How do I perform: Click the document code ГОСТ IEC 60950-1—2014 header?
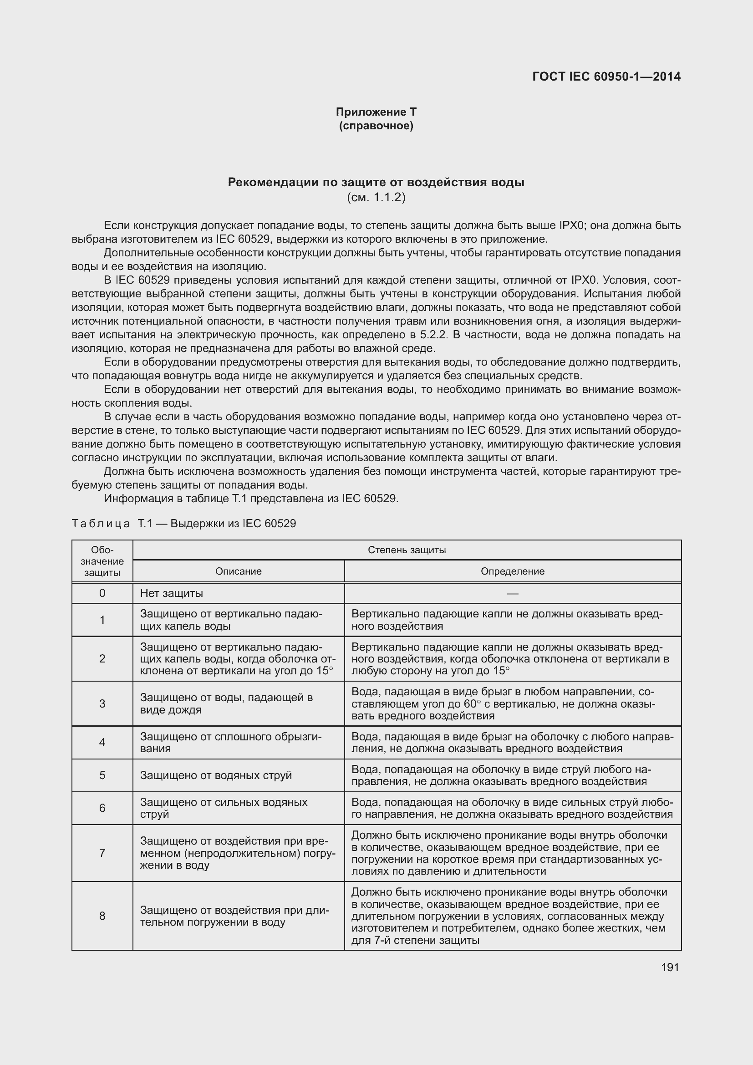click(606, 76)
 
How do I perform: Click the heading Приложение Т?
click(376, 112)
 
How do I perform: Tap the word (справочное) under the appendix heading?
click(376, 126)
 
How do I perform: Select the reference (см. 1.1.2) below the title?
click(376, 198)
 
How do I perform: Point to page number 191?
click(670, 967)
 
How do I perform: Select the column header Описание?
click(238, 571)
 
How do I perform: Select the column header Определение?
click(512, 571)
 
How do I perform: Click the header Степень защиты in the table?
click(407, 550)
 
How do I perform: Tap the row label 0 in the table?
click(102, 593)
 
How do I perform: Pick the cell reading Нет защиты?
click(172, 593)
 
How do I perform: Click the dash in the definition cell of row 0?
click(512, 593)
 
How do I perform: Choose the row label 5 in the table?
click(102, 775)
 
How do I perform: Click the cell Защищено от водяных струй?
click(216, 775)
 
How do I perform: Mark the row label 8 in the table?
click(102, 916)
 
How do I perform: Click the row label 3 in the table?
click(102, 703)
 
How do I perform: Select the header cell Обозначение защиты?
click(102, 561)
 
